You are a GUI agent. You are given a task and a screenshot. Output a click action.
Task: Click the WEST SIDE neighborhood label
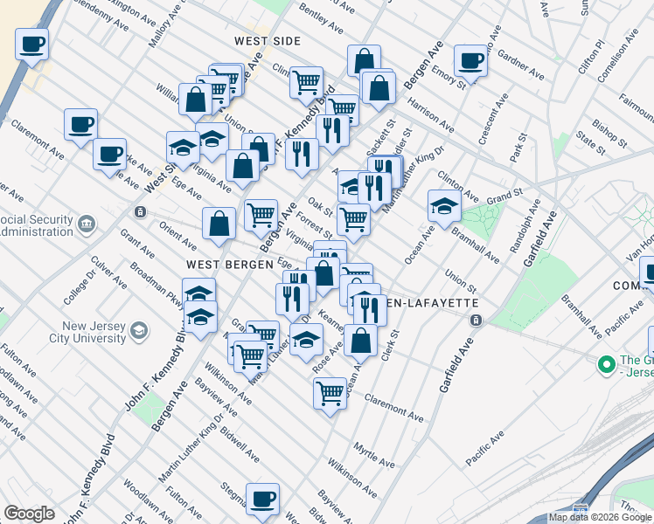point(268,41)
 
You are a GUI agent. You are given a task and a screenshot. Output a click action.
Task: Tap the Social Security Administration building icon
point(87,225)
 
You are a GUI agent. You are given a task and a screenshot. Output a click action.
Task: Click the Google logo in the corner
point(29,514)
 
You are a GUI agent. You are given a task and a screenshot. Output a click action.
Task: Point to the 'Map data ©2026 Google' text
point(600,517)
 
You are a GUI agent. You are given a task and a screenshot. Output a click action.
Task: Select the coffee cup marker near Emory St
point(470,60)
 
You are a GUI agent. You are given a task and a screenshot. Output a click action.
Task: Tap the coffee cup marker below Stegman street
point(262,499)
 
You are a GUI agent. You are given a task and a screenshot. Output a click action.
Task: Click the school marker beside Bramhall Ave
point(444,206)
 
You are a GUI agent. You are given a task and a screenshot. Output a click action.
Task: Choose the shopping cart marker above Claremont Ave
point(330,392)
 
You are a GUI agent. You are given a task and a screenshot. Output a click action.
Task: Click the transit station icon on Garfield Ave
point(476,321)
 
